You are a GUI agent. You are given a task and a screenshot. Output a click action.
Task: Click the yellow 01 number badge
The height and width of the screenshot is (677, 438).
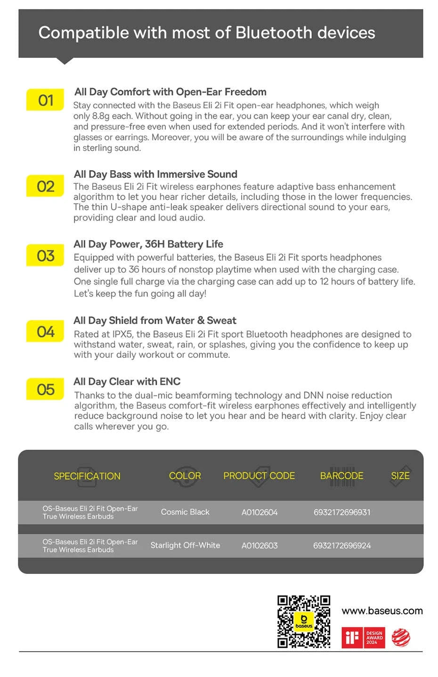pos(45,100)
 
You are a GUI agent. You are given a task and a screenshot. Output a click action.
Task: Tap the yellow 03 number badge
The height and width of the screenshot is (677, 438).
pos(45,256)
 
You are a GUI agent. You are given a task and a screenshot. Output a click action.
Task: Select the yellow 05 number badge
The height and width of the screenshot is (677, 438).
pos(45,389)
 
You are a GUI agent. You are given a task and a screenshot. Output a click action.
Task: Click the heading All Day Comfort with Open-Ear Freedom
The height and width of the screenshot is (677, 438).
pos(170,92)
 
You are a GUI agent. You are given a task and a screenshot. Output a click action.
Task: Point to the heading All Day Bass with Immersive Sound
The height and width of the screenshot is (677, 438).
pos(155,174)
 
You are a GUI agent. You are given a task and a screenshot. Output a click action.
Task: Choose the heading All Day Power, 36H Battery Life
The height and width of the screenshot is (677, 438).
pos(148,244)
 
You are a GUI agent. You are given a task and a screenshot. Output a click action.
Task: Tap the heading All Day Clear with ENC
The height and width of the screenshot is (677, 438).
pos(127,381)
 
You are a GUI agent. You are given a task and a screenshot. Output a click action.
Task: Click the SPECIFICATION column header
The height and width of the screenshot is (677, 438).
pos(87,476)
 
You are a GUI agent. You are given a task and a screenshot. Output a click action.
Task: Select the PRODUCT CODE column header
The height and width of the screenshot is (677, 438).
pos(259,476)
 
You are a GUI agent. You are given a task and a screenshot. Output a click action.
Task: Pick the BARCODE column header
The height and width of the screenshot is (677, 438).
pos(341,476)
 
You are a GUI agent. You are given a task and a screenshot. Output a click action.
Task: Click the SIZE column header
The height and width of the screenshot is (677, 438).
pos(400,476)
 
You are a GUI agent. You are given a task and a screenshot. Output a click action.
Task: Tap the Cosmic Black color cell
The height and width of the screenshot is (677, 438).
pos(185,512)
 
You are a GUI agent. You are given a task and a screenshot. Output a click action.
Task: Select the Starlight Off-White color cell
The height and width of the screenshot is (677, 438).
pos(185,545)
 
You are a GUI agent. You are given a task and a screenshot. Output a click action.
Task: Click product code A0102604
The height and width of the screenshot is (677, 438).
pos(260,512)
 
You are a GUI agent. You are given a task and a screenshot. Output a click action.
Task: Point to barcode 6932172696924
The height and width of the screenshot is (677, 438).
pos(342,546)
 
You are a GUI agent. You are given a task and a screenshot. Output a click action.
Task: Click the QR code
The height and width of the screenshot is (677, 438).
pos(304,621)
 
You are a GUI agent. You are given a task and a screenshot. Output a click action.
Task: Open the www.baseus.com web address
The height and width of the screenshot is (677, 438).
pos(382,611)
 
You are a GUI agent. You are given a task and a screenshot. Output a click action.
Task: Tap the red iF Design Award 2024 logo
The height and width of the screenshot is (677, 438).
pos(363,637)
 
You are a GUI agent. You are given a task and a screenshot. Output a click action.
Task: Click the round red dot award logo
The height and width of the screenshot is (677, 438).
pos(401,637)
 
